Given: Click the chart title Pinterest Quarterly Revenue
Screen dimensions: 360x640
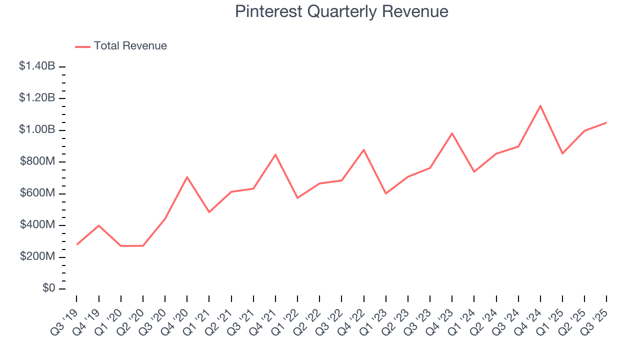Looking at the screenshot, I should [x=341, y=11].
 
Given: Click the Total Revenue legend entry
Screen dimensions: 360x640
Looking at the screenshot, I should [x=121, y=46].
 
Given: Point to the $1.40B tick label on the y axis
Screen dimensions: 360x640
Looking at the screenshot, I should [x=37, y=66].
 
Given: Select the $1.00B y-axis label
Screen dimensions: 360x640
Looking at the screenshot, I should [x=37, y=130].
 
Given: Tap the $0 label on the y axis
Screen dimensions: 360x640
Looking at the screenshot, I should [x=48, y=289].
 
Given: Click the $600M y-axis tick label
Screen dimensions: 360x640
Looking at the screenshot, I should [x=38, y=193].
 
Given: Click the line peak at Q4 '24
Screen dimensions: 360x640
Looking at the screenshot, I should [x=540, y=105].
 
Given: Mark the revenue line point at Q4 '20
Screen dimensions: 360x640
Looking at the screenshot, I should [x=187, y=177].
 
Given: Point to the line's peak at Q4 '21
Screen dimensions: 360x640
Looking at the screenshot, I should [x=275, y=154].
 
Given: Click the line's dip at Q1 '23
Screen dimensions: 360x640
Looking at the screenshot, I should [x=386, y=193].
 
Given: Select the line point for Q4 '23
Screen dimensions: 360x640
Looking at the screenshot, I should [x=452, y=133].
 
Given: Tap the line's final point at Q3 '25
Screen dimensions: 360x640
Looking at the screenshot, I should [x=606, y=122].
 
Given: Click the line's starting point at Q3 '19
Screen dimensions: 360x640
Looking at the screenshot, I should [x=76, y=244].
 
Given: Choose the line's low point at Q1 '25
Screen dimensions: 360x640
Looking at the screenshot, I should [x=562, y=153].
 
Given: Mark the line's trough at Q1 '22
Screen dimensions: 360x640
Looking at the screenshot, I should [x=297, y=198].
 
